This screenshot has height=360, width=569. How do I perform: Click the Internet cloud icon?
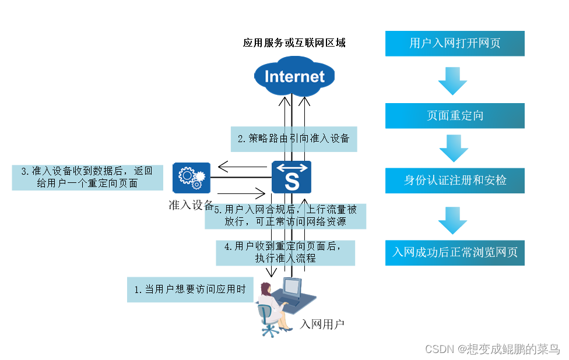click(294, 76)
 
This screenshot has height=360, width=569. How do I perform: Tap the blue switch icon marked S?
click(291, 177)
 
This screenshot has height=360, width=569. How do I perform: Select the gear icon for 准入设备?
click(191, 177)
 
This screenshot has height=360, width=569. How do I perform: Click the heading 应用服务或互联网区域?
click(294, 43)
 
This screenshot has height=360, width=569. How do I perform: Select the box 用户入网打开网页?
click(455, 44)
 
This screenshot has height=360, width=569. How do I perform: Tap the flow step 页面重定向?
click(455, 115)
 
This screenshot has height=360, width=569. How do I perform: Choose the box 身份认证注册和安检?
click(455, 181)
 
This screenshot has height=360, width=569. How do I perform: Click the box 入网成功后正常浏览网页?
click(455, 253)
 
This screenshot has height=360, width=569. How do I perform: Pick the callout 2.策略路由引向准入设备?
click(293, 139)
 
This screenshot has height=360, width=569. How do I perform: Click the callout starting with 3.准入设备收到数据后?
click(87, 177)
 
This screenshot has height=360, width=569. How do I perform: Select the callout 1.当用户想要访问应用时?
click(190, 290)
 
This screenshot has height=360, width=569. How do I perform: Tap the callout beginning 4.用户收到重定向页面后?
click(285, 253)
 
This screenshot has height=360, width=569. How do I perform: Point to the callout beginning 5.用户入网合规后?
click(285, 216)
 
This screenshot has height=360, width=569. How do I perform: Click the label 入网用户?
click(322, 324)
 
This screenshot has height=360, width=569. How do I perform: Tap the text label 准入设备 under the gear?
click(191, 205)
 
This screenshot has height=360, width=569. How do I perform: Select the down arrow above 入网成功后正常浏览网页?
click(453, 220)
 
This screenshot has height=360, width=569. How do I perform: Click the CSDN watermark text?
click(492, 349)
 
